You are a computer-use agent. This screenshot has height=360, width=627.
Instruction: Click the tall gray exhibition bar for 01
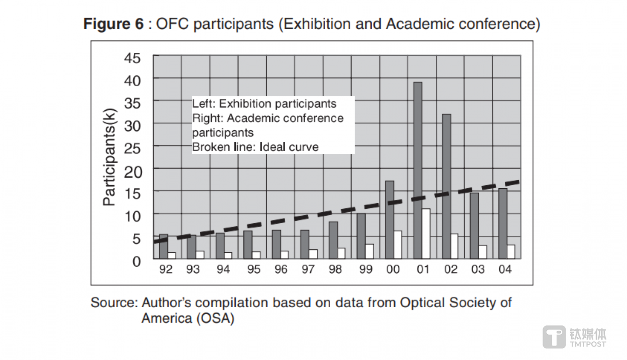(x=417, y=170)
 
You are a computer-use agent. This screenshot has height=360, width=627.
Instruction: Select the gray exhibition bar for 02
(x=446, y=186)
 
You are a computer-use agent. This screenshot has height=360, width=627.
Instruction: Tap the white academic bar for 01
(x=426, y=234)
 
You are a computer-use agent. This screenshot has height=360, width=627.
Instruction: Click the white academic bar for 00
(x=397, y=245)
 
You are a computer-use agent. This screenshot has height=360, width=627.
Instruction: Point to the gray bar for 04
(x=502, y=223)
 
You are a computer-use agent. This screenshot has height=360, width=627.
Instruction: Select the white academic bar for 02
(x=454, y=246)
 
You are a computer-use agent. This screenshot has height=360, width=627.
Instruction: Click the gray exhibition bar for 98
(x=333, y=240)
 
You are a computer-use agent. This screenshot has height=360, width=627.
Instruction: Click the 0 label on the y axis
(x=136, y=262)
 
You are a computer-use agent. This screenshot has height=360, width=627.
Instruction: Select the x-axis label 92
(x=166, y=270)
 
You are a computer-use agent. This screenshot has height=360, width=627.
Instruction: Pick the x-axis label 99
(x=366, y=270)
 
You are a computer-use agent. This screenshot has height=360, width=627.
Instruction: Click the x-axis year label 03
(x=478, y=270)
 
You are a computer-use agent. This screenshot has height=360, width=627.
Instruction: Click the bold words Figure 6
(x=113, y=24)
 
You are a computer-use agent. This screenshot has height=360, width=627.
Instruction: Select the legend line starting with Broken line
(x=255, y=147)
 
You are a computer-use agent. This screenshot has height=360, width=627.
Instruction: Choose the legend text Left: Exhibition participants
(x=264, y=104)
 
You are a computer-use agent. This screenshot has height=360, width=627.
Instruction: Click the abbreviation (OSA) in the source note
(x=214, y=318)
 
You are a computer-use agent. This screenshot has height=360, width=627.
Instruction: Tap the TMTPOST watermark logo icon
(x=554, y=337)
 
